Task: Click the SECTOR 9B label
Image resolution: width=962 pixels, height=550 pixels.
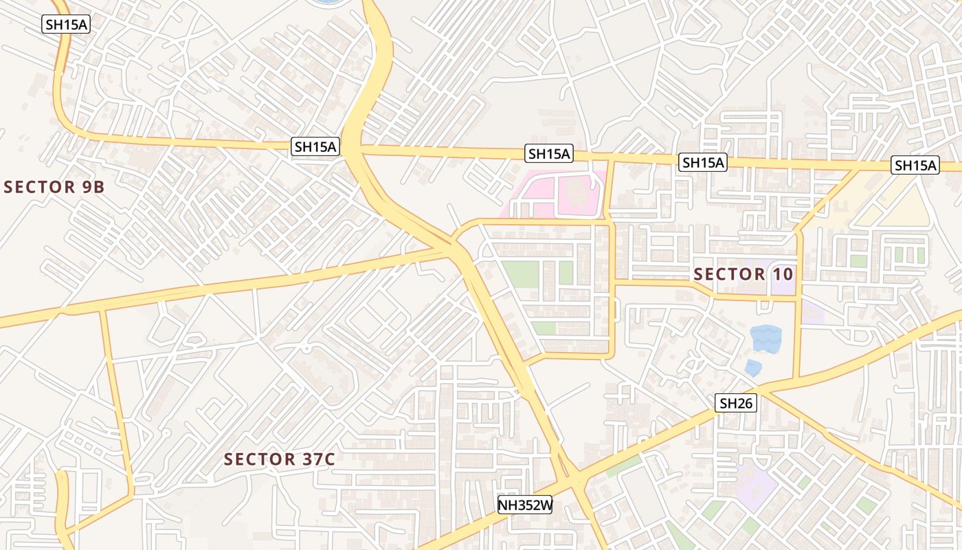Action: click(54, 187)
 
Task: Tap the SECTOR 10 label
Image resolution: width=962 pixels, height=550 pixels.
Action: click(743, 274)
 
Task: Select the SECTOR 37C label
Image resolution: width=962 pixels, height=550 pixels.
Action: click(280, 459)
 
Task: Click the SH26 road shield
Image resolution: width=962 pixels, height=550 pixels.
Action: click(736, 404)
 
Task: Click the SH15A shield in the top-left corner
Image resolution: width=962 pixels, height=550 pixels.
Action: click(67, 24)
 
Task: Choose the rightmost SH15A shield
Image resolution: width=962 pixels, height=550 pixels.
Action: click(915, 165)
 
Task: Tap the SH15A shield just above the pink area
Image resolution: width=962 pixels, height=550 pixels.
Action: click(549, 154)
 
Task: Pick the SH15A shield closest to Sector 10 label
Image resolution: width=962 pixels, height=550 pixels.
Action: click(703, 163)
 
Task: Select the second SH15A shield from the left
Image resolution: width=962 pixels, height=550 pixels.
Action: click(315, 146)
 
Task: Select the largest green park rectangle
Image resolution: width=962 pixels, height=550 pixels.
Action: click(519, 274)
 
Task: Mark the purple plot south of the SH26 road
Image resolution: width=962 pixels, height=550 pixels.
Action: click(757, 485)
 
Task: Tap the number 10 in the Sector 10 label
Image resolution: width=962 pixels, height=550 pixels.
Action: click(782, 274)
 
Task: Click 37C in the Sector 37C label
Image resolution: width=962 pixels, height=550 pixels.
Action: click(313, 459)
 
